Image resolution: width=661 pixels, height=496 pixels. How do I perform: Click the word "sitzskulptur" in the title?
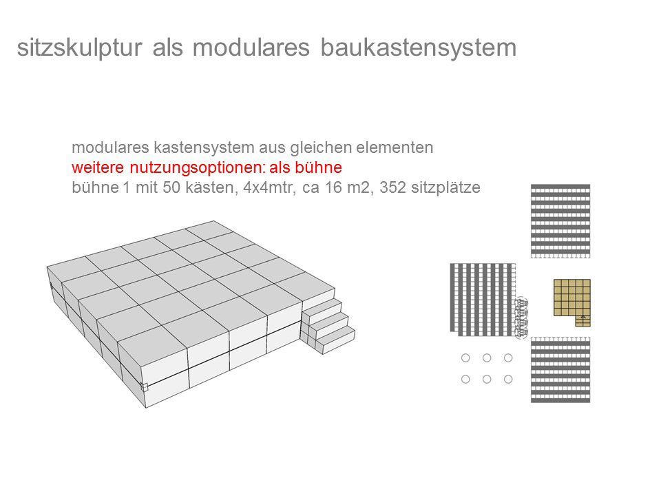coord(79,48)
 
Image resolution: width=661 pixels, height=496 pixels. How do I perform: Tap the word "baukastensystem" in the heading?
coord(418,48)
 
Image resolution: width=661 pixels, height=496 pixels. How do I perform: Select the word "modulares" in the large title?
coord(251,48)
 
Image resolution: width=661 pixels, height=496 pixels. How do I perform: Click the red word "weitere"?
coord(98,168)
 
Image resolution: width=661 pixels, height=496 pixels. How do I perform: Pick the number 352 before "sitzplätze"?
coord(393,187)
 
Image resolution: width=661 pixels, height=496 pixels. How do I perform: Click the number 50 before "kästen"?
coord(171,187)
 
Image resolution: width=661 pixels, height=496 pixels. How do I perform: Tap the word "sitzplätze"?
coord(445,187)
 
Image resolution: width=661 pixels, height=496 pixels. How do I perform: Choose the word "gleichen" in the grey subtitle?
coord(322,148)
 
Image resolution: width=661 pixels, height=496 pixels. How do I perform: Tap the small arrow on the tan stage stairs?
coord(583,316)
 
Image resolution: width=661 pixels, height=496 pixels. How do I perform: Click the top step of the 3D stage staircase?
coord(322,307)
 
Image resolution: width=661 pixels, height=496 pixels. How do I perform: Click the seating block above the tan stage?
coord(560,220)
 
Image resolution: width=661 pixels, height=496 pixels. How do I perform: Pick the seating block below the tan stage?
coord(560,369)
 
